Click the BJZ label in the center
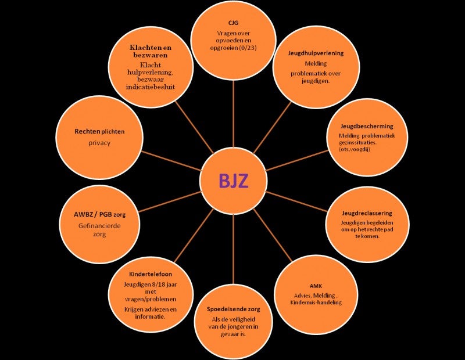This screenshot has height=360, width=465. [x=233, y=180]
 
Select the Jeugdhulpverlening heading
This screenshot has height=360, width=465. [x=316, y=53]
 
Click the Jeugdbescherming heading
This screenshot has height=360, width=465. [x=367, y=126]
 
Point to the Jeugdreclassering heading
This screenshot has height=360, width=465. [x=367, y=213]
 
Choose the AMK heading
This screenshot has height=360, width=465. [x=316, y=286]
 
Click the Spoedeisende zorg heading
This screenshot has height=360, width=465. [x=234, y=309]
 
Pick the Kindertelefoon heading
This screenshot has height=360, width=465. [x=150, y=273]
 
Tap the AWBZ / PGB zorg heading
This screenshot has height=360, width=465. [x=100, y=214]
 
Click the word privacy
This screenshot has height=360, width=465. [x=99, y=142]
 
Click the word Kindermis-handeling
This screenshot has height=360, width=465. [x=315, y=303]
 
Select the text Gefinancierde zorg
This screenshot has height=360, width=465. [x=100, y=230]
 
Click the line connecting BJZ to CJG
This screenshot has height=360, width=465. [x=233, y=116]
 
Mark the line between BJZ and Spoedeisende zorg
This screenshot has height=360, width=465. [x=233, y=247]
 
